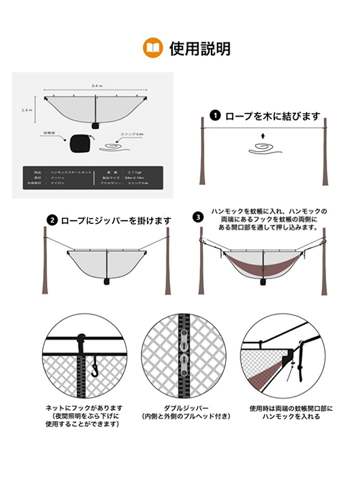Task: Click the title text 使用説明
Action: [x=199, y=48]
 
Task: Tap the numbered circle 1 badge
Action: [x=215, y=115]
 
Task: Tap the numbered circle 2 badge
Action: [x=52, y=219]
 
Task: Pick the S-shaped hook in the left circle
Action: [x=93, y=368]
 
